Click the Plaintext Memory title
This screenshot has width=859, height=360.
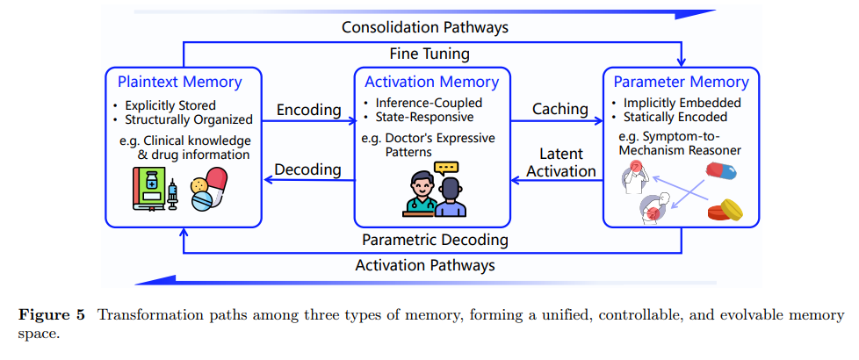pyautogui.click(x=179, y=83)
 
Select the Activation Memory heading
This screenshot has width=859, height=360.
pyautogui.click(x=431, y=83)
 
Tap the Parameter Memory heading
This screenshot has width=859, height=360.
pyautogui.click(x=681, y=83)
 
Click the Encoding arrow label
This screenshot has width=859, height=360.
pyautogui.click(x=308, y=110)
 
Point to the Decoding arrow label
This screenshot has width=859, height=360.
pyautogui.click(x=308, y=169)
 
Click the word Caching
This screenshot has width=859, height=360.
pyautogui.click(x=559, y=109)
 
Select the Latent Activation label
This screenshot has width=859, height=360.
pyautogui.click(x=560, y=162)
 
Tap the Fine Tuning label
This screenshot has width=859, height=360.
pyautogui.click(x=429, y=54)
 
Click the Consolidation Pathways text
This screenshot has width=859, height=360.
pyautogui.click(x=425, y=27)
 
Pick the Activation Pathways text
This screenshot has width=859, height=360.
pyautogui.click(x=425, y=264)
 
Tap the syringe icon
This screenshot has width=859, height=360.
pyautogui.click(x=173, y=193)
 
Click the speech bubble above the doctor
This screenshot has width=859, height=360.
pyautogui.click(x=447, y=167)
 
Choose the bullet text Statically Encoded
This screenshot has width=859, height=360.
pyautogui.click(x=675, y=118)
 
